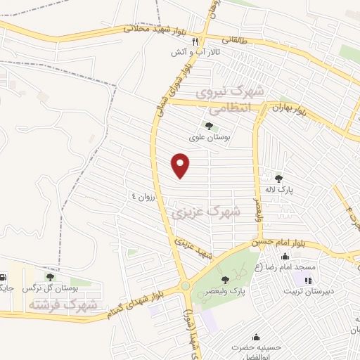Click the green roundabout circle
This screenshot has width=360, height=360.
(x=185, y=285)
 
